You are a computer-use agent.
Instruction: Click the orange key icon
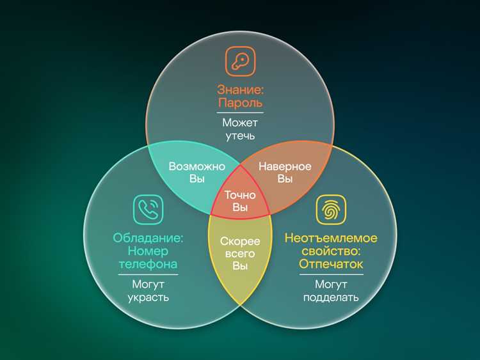(x=240, y=61)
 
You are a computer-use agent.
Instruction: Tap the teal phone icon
(x=148, y=210)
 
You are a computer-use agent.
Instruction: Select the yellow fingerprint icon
(x=332, y=210)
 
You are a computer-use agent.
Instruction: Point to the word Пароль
(x=240, y=102)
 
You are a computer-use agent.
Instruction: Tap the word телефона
(x=148, y=263)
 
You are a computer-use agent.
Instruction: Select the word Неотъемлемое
(x=331, y=238)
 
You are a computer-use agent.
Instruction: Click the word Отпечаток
(x=331, y=263)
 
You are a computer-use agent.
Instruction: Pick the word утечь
(x=240, y=136)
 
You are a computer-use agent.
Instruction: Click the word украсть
(x=148, y=297)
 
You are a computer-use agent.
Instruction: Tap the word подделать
(x=331, y=297)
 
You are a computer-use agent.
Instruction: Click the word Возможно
(x=197, y=166)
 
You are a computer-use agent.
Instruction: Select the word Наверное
(x=285, y=166)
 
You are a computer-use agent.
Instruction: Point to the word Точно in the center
(x=240, y=195)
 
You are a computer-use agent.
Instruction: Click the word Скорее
(x=240, y=241)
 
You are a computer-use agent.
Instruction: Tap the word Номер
(x=148, y=251)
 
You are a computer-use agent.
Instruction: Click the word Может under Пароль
(x=240, y=123)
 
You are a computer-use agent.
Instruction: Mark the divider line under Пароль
(x=240, y=113)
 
